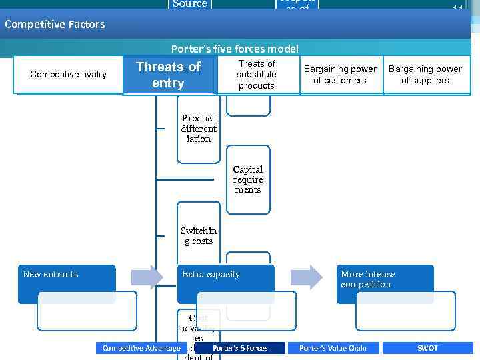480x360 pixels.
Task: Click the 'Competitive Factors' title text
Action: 55,25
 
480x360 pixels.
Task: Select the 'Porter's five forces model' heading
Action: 235,49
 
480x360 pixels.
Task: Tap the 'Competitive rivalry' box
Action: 68,74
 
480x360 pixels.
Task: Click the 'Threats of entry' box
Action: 168,75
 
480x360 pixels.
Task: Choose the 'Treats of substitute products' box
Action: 257,75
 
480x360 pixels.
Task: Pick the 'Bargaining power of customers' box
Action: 340,75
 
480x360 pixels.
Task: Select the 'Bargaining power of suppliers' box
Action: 425,75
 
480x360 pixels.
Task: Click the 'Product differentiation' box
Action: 199,129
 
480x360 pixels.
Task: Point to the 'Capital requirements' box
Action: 248,179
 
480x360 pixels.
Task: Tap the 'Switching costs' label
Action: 199,236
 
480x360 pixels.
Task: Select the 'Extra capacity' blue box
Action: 225,283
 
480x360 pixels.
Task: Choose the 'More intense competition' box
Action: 385,283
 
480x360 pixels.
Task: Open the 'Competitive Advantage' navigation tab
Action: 141,348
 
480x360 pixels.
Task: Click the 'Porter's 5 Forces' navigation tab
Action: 240,348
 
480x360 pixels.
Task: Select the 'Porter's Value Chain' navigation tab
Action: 333,348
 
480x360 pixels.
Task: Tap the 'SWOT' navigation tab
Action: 427,348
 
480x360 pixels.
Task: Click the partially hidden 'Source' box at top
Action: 190,5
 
